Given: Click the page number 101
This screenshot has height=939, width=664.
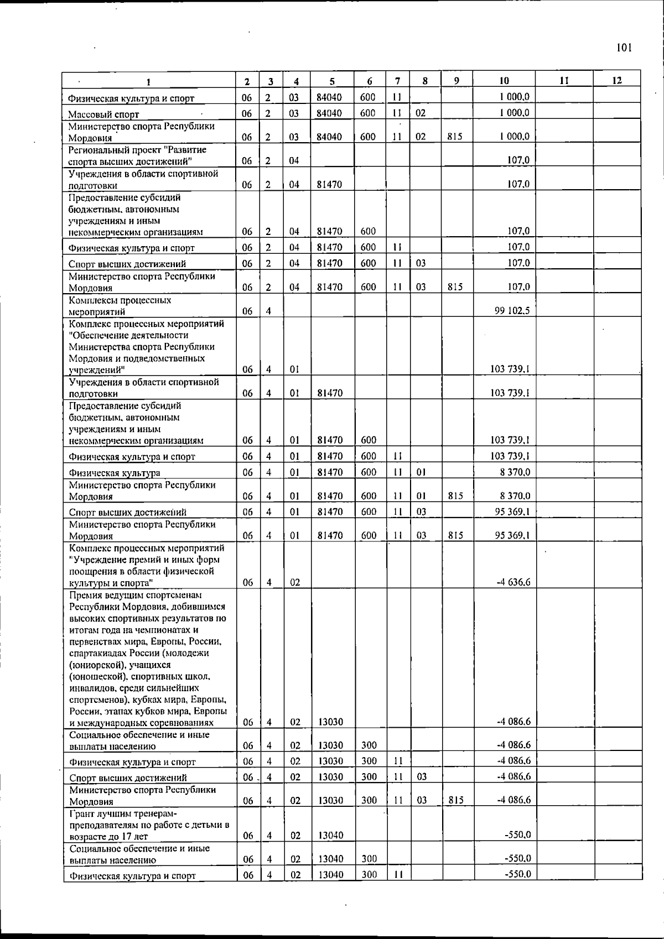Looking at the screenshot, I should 624,48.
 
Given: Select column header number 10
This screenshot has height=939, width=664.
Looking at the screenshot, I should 504,81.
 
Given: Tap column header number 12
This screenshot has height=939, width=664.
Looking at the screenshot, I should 617,81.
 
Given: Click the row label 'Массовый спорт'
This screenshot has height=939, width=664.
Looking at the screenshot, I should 103,115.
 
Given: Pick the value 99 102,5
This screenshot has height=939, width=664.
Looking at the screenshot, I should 512,311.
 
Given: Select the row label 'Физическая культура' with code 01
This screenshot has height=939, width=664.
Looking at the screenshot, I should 115,473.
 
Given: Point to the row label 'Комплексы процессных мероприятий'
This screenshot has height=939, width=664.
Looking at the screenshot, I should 120,306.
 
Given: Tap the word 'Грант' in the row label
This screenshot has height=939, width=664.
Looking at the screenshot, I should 82,813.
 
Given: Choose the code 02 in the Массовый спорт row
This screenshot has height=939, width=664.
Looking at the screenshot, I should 421,113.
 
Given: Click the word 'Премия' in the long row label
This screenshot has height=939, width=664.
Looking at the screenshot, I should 84,595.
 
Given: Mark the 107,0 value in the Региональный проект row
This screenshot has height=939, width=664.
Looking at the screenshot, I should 519,160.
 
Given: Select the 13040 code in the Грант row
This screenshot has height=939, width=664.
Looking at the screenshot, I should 331,835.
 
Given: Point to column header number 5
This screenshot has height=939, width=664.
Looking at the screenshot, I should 331,81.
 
